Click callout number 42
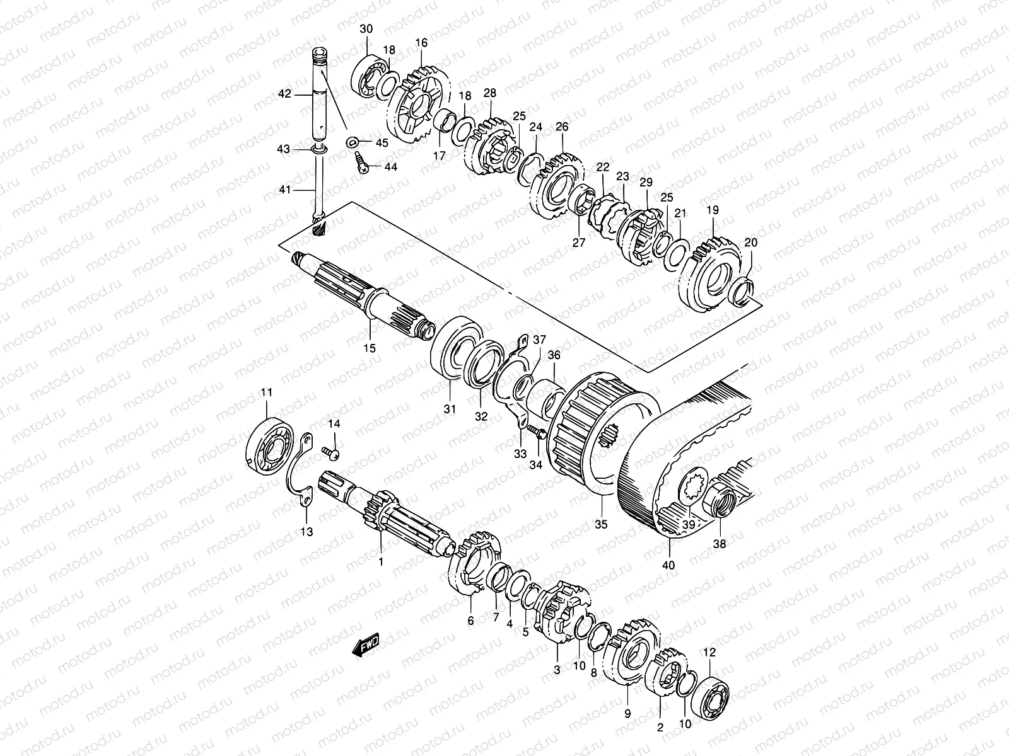click(x=284, y=94)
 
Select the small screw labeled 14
click(x=330, y=450)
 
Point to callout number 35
click(x=601, y=524)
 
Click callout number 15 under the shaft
click(x=369, y=348)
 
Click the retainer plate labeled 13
click(x=303, y=479)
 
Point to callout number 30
click(x=366, y=29)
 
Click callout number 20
click(x=751, y=243)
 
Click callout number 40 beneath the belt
click(x=668, y=565)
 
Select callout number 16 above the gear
click(x=421, y=43)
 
